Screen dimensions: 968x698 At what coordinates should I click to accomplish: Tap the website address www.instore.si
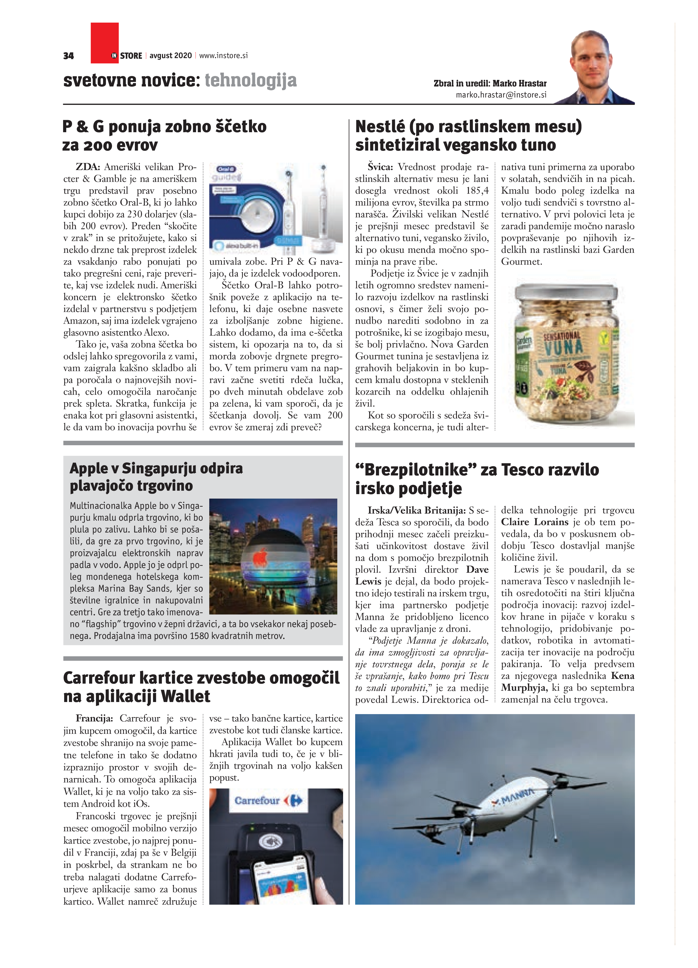pos(223,55)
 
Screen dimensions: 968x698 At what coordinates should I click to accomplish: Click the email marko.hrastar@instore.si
pos(501,95)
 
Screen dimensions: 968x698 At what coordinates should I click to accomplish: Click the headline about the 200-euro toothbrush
pos(164,135)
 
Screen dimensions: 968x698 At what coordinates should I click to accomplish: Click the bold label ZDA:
pos(88,167)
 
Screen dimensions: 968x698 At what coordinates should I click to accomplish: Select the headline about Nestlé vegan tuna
pos(468,135)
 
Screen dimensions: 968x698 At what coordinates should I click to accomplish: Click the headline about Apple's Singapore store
pos(156,477)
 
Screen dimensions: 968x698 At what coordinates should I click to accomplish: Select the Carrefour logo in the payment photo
pos(268,800)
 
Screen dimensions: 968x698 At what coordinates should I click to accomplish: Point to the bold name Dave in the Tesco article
pos(477,569)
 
